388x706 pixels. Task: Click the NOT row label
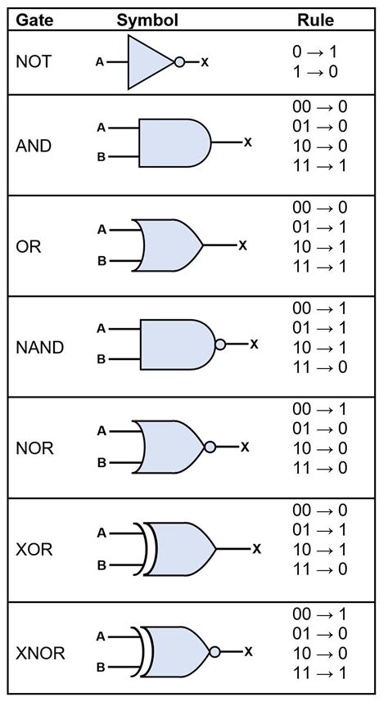point(34,61)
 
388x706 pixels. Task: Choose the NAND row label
point(40,346)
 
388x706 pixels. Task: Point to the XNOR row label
point(40,653)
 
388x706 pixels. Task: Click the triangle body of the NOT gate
point(147,61)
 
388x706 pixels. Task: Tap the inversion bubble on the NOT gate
point(179,61)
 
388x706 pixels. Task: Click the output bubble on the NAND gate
point(219,344)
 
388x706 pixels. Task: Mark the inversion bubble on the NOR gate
point(210,447)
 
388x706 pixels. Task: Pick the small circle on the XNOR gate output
point(215,651)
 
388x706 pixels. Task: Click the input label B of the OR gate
point(102,262)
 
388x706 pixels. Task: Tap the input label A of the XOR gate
point(102,533)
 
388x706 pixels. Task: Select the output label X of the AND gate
point(247,142)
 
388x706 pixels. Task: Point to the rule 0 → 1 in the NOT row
point(314,52)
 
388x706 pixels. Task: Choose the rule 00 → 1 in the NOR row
point(319,408)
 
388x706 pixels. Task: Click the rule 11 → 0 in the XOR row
point(319,569)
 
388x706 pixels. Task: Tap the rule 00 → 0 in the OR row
point(319,208)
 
